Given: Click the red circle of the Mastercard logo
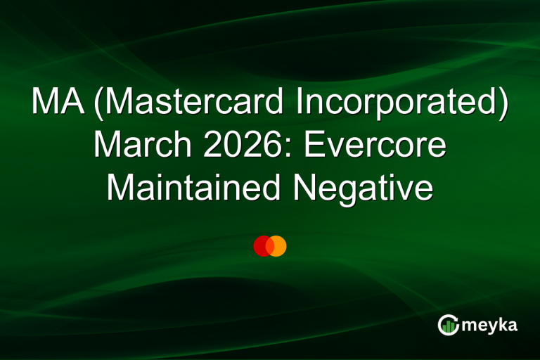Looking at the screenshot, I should [x=262, y=246].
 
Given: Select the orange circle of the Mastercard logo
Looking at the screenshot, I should [x=278, y=246].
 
